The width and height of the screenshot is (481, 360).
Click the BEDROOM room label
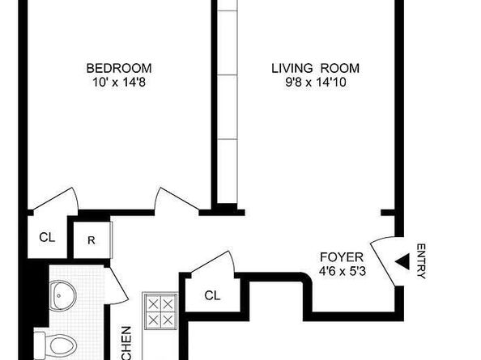pyautogui.click(x=119, y=68)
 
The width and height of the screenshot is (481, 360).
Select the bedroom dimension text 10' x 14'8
pyautogui.click(x=119, y=81)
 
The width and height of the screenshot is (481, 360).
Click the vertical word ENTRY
pyautogui.click(x=419, y=261)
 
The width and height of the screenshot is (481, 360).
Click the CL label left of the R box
pyautogui.click(x=47, y=238)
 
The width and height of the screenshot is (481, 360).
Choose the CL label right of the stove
pyautogui.click(x=212, y=295)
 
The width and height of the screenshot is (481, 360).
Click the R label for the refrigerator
pyautogui.click(x=92, y=240)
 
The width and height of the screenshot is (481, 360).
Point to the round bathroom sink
pyautogui.click(x=62, y=296)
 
